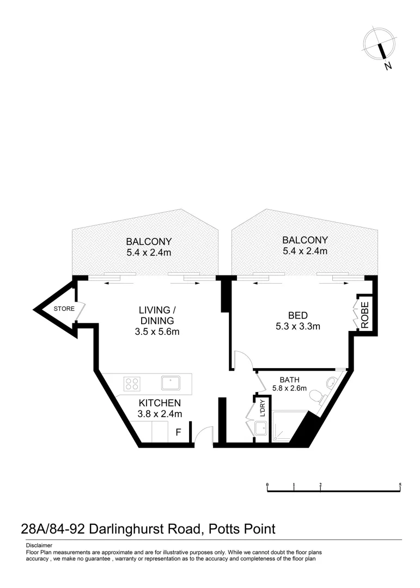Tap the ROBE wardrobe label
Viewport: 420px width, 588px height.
[364, 314]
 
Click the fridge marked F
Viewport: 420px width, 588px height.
[178, 433]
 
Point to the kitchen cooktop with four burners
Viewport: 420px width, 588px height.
[131, 383]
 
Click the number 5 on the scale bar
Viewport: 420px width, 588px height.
[400, 485]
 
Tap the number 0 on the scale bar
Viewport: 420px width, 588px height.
[267, 485]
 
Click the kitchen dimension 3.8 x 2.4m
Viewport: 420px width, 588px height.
[159, 414]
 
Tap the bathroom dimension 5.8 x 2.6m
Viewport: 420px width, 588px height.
[290, 388]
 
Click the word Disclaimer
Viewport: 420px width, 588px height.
[39, 545]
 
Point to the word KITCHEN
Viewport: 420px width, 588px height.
[159, 403]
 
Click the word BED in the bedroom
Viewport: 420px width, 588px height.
[297, 315]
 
